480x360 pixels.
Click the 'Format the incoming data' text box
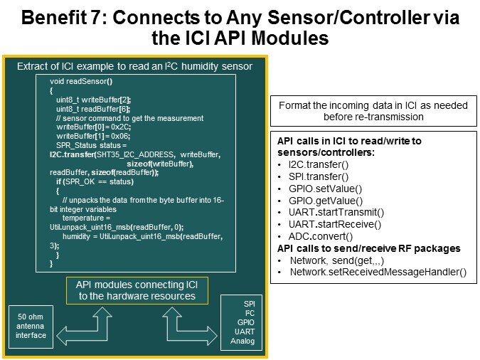(373, 110)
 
